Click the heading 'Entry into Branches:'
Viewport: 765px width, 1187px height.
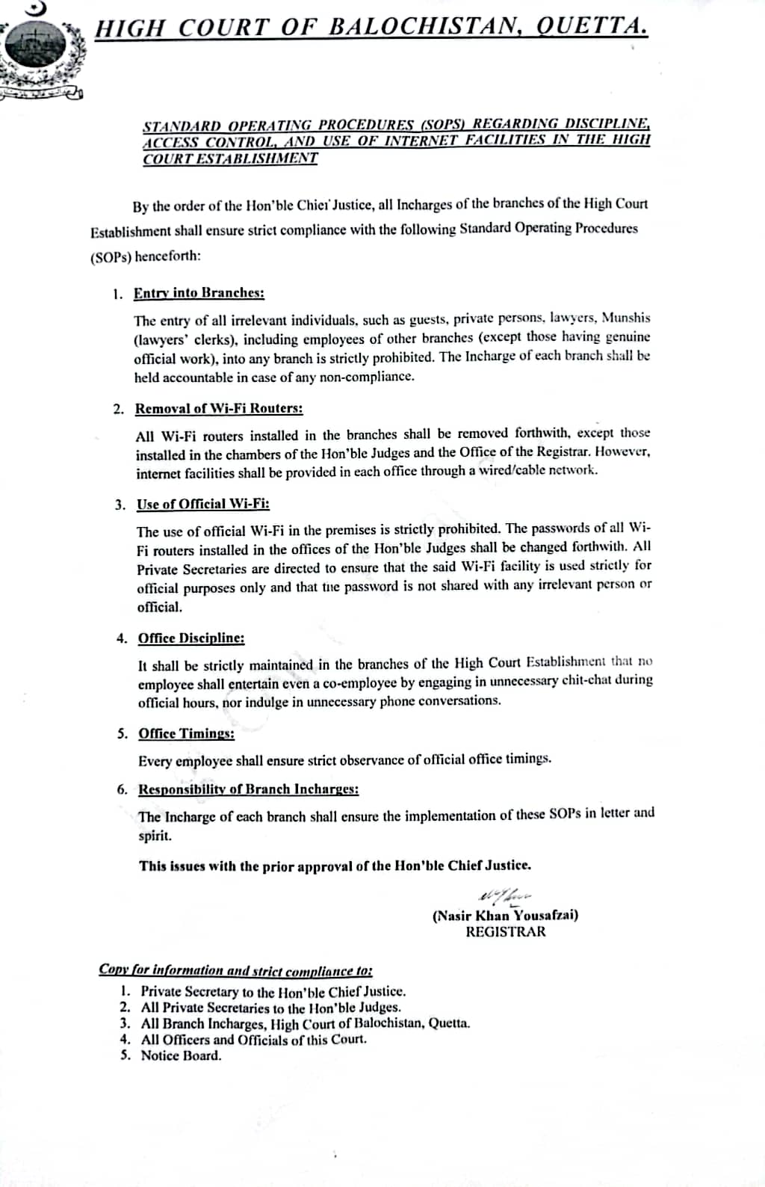point(199,293)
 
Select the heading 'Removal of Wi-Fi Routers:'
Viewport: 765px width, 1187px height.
point(219,409)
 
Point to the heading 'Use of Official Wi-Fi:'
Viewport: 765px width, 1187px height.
point(203,504)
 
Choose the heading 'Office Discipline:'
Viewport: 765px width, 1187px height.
point(191,638)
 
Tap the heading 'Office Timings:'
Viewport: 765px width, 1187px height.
point(187,733)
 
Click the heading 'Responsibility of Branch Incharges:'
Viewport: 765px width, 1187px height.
point(249,789)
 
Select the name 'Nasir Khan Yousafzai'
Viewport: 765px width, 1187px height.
point(505,916)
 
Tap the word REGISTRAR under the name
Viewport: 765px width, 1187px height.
point(506,932)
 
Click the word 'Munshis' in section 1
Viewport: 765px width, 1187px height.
point(626,318)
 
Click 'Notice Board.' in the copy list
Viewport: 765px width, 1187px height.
point(182,1056)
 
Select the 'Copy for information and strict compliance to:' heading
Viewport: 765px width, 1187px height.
point(236,970)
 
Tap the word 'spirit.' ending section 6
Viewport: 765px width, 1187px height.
point(155,836)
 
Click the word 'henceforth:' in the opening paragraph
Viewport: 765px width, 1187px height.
point(168,256)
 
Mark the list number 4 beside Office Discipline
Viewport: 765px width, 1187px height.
point(122,638)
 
